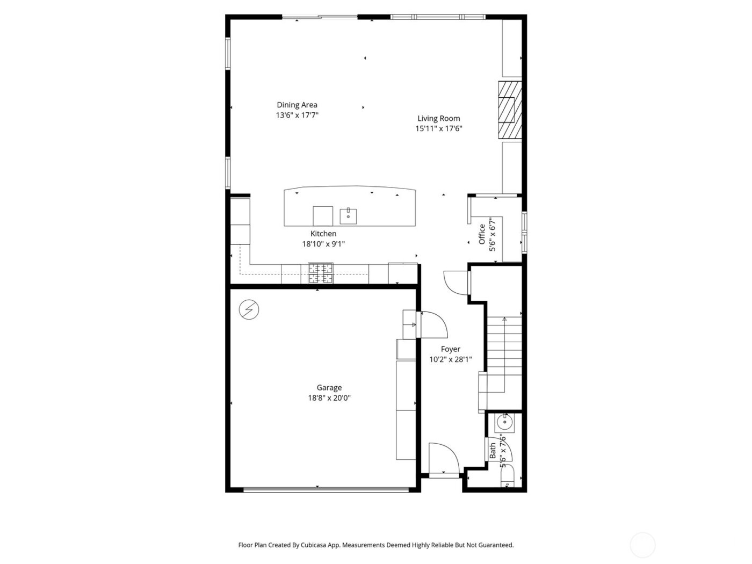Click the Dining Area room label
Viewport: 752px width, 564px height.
point(297,105)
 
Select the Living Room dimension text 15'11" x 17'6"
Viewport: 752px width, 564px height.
point(439,129)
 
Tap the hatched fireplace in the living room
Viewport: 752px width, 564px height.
point(509,110)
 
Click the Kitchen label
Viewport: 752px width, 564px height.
point(323,234)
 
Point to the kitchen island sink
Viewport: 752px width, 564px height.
point(349,216)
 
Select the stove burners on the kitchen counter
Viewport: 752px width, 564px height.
point(320,273)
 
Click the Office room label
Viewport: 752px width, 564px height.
point(482,234)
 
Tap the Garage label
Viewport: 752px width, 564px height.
point(329,388)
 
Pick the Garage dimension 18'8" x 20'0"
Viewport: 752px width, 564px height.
point(329,398)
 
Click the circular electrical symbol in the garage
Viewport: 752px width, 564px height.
point(249,309)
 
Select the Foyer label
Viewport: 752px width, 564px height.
point(450,349)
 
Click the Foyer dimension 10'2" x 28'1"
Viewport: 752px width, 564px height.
point(450,360)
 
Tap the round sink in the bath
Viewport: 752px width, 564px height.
point(505,422)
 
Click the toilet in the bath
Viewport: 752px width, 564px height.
point(507,478)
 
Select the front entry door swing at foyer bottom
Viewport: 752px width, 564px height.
point(444,459)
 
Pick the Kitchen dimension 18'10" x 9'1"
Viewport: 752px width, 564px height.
point(323,244)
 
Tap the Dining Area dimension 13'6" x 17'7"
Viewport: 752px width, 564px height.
point(297,115)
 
